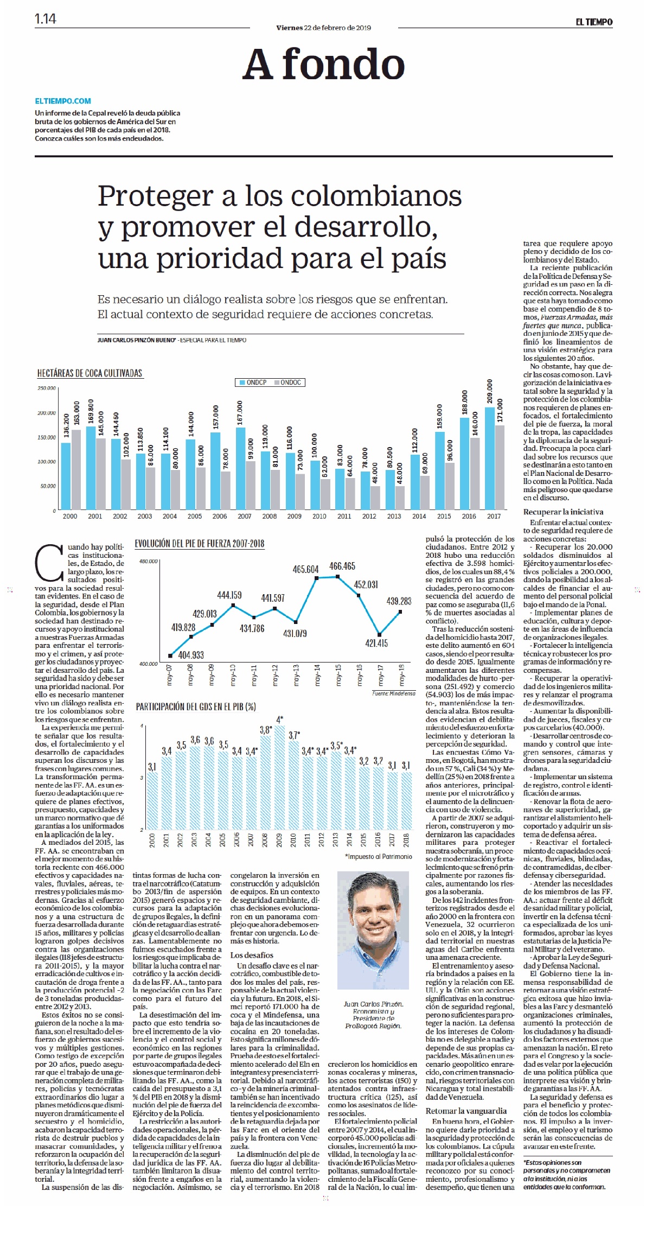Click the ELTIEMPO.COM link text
(63, 101)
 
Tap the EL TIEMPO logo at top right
(594, 22)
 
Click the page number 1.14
(46, 19)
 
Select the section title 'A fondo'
(324, 64)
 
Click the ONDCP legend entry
(253, 383)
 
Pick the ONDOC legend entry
(287, 383)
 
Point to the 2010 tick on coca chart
(319, 516)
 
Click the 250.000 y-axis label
(47, 388)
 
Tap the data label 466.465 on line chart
(342, 566)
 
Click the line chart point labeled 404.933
(170, 655)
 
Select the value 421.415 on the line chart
(376, 644)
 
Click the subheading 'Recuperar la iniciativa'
(563, 512)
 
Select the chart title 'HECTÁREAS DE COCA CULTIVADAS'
(90, 373)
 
